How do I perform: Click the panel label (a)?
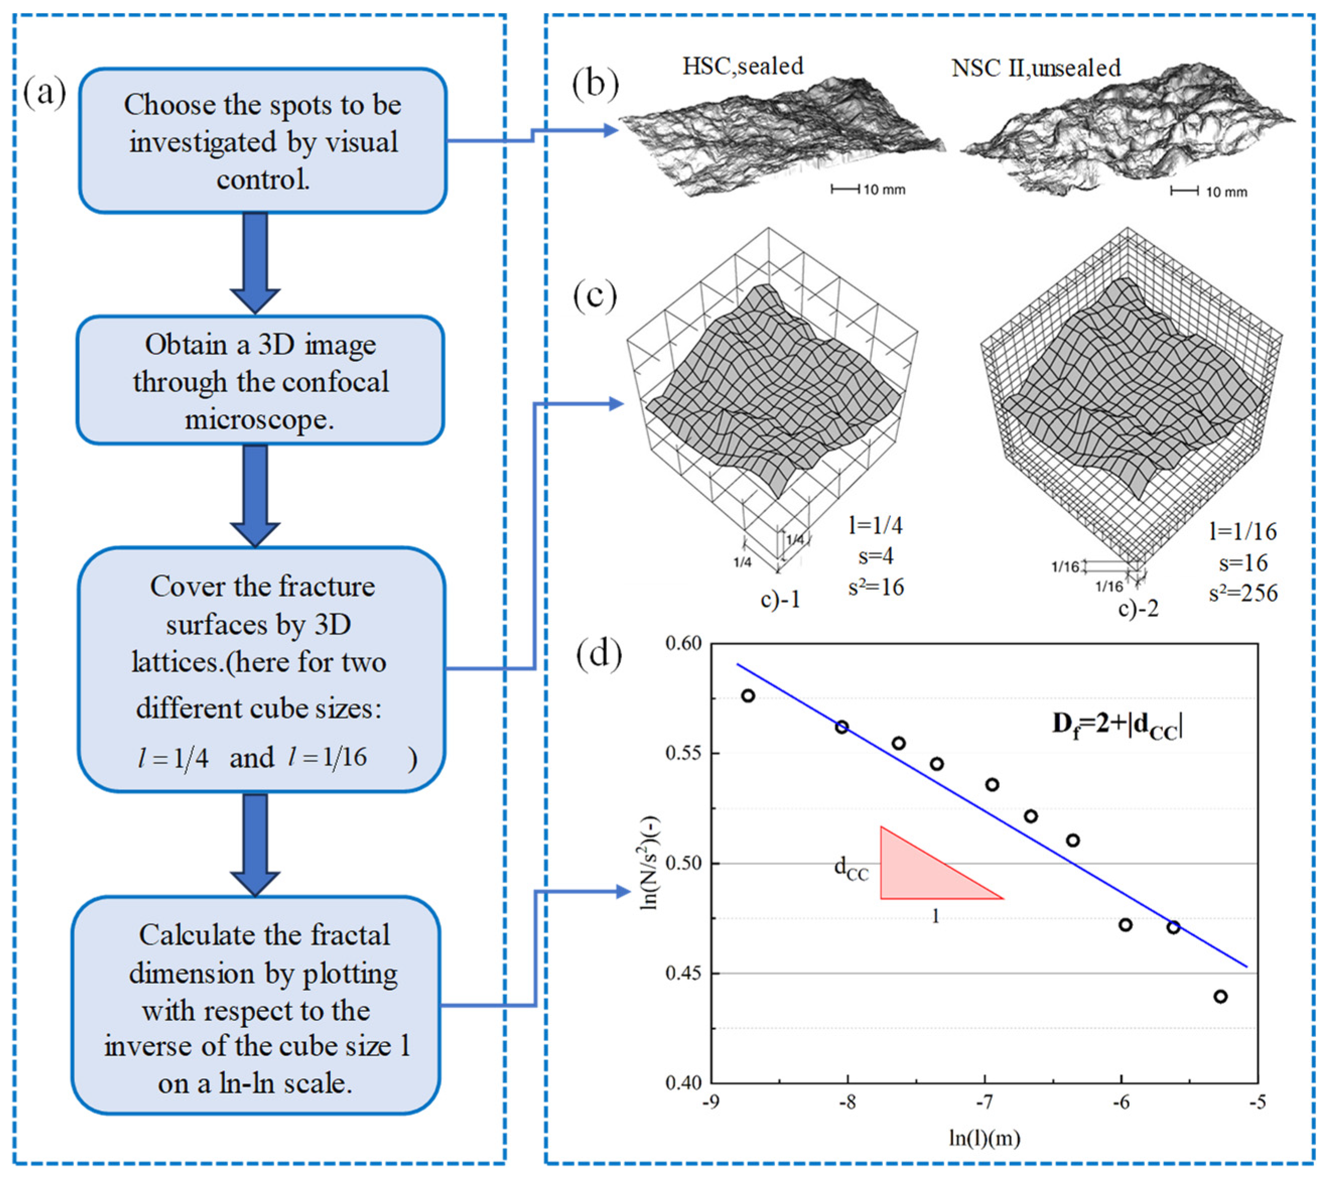pyautogui.click(x=44, y=92)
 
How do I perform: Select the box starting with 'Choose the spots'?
pyautogui.click(x=263, y=141)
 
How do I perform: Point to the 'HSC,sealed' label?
pyautogui.click(x=743, y=66)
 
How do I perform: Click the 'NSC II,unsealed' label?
pyautogui.click(x=1035, y=68)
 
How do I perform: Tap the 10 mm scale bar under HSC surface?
pyautogui.click(x=868, y=190)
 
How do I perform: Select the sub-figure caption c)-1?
pyautogui.click(x=780, y=600)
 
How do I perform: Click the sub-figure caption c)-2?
pyautogui.click(x=1138, y=609)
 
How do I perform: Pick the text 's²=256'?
pyautogui.click(x=1243, y=594)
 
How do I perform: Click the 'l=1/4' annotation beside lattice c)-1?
pyautogui.click(x=875, y=526)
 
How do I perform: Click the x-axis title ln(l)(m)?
pyautogui.click(x=984, y=1138)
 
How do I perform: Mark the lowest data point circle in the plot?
pyautogui.click(x=1221, y=997)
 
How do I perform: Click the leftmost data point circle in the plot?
pyautogui.click(x=748, y=696)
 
